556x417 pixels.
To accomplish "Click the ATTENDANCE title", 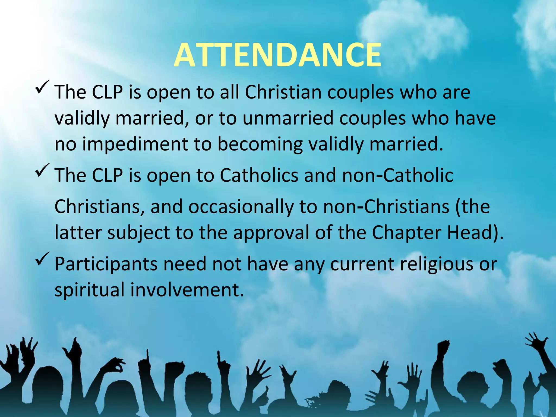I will click(277, 55).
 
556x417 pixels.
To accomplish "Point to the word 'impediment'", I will click(135, 144).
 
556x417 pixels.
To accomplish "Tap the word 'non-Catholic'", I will click(398, 175).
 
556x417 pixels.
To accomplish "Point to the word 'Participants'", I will click(106, 264).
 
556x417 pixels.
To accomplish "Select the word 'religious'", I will click(437, 264).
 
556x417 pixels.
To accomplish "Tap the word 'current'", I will click(362, 264).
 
